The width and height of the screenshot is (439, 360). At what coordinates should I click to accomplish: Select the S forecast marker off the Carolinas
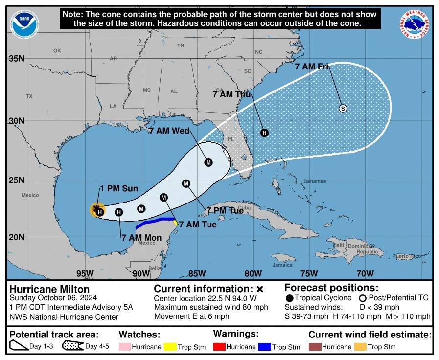[343, 109]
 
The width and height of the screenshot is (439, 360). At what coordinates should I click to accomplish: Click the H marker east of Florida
[264, 133]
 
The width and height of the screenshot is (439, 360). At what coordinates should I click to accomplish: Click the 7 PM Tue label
[225, 210]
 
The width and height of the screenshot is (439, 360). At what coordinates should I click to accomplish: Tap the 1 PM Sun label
[119, 188]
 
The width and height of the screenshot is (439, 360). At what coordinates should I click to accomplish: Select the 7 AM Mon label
[141, 238]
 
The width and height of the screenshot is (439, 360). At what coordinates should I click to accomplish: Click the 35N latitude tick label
[17, 59]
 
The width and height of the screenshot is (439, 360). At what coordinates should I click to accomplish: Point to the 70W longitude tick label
[363, 273]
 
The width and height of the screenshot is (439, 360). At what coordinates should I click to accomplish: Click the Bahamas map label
[314, 181]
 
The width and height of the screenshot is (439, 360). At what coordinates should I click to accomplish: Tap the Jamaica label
[282, 265]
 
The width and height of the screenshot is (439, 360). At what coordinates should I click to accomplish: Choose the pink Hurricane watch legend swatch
[127, 347]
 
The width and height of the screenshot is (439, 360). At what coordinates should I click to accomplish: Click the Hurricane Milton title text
[43, 289]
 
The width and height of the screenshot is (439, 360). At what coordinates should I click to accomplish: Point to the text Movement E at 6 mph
[191, 316]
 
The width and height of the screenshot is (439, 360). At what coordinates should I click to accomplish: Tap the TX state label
[29, 96]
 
